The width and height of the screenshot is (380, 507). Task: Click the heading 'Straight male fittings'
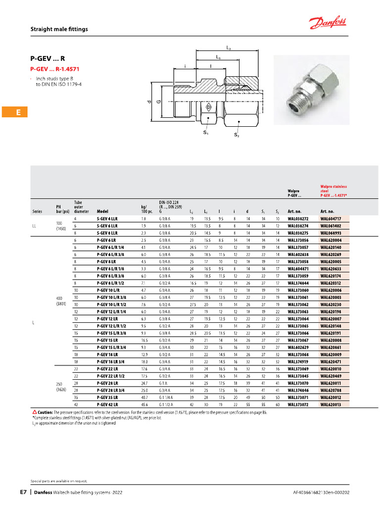pyautogui.click(x=59, y=29)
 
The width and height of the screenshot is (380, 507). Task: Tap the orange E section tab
pyautogui.click(x=18, y=112)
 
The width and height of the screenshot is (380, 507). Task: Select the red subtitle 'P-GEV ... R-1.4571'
pyautogui.click(x=55, y=69)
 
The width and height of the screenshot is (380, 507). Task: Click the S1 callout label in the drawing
pyautogui.click(x=206, y=132)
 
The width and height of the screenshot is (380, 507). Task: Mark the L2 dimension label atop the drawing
pyautogui.click(x=228, y=49)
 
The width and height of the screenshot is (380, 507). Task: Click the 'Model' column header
pyautogui.click(x=102, y=211)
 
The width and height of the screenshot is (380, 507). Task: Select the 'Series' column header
pyautogui.click(x=37, y=211)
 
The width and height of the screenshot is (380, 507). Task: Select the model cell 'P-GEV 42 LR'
pyautogui.click(x=109, y=405)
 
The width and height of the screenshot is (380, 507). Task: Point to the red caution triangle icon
pyautogui.click(x=34, y=412)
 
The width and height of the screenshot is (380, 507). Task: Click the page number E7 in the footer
pyautogui.click(x=23, y=492)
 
